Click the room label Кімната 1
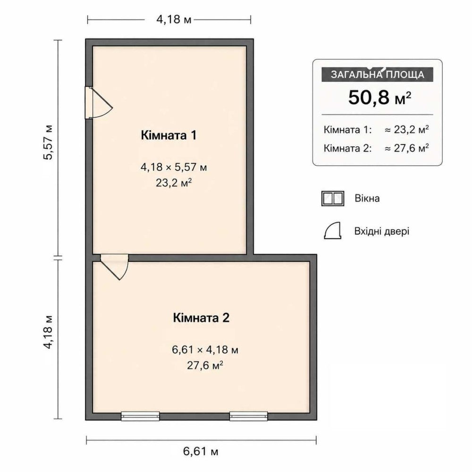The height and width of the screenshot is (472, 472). [x=169, y=135]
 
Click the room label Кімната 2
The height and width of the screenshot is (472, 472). [x=201, y=318]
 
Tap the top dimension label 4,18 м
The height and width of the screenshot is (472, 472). [x=174, y=19]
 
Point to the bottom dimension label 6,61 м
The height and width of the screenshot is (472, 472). [x=201, y=451]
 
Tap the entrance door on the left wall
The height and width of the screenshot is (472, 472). [x=98, y=102]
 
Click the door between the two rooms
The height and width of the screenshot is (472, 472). [x=115, y=267]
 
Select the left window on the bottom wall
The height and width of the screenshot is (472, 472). [x=140, y=416]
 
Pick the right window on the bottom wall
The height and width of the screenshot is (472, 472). [x=249, y=416]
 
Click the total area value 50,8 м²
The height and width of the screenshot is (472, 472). [x=379, y=97]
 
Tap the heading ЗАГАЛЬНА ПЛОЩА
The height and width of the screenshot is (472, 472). [x=378, y=75]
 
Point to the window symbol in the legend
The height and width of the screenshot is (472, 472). [x=333, y=198]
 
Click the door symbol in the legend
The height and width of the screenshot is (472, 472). [x=332, y=231]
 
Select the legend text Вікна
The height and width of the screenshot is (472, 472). [x=367, y=198]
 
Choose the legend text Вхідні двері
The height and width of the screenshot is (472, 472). [x=382, y=231]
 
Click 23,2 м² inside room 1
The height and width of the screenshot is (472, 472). [x=174, y=182]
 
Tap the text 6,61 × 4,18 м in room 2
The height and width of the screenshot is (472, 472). [x=205, y=349]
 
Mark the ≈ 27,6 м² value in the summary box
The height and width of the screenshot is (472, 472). [x=407, y=148]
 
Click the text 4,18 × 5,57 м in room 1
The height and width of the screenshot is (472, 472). [x=174, y=167]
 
